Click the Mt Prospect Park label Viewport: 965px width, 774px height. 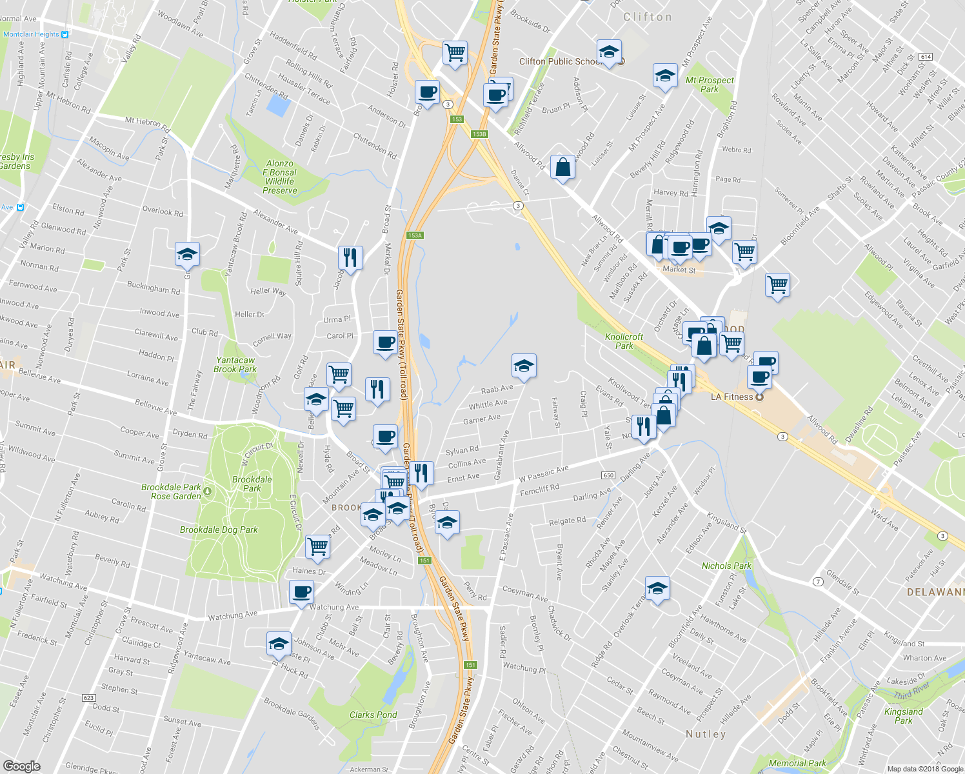coord(710,84)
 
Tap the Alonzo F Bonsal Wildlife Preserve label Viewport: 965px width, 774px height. coord(280,177)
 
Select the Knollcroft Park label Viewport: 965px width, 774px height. coord(624,341)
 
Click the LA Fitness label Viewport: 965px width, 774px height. coord(731,397)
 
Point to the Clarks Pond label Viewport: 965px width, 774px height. coord(373,715)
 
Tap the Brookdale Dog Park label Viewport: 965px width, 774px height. coord(219,530)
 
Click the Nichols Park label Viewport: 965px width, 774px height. coord(726,566)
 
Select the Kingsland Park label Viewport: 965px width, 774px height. coord(903,716)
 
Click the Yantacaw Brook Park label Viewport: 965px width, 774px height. coord(235,365)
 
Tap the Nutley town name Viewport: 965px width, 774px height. coord(706,734)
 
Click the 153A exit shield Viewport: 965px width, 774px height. coord(415,235)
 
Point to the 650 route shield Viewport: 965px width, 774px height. coord(608,475)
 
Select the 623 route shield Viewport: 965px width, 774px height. coord(89,698)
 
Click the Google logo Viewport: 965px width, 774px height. coord(22,766)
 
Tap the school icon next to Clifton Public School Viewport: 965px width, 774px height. coord(608,52)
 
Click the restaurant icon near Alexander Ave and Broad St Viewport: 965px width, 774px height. coord(350,257)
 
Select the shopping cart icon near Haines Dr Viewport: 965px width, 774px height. coord(318,546)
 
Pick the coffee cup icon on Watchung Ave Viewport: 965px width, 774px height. coord(301,591)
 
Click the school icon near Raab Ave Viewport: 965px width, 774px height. coord(524,366)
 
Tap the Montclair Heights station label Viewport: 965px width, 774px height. coord(31,34)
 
